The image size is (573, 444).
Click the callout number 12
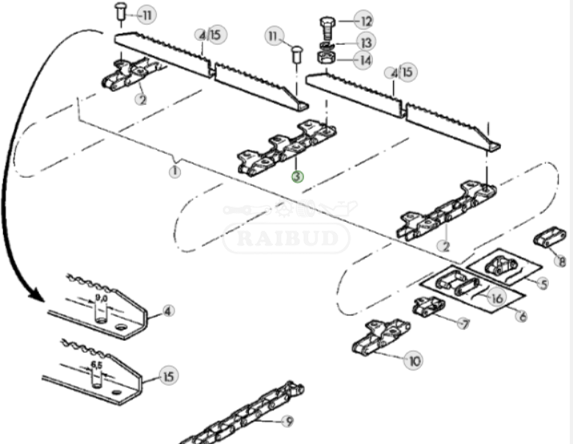click(365, 21)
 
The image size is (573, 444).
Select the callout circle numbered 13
click(365, 42)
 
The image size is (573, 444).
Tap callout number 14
click(365, 60)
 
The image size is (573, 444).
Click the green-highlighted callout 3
click(297, 176)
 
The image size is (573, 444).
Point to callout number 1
click(175, 170)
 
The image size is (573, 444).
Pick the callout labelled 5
click(543, 284)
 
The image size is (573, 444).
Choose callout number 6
click(522, 316)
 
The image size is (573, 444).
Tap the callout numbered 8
click(561, 261)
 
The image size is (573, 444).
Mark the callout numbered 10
click(414, 362)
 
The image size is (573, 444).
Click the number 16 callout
click(497, 298)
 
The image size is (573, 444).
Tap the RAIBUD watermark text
click(286, 238)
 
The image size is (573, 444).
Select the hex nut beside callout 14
click(327, 58)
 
